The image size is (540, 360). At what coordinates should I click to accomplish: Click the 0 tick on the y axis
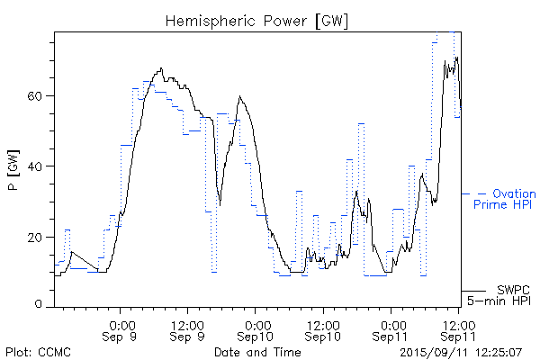[x=42, y=306]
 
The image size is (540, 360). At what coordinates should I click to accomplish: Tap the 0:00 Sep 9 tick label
[x=122, y=329]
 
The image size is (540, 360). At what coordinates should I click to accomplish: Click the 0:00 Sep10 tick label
[x=257, y=329]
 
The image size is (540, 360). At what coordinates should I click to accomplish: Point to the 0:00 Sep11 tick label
[x=392, y=329]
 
